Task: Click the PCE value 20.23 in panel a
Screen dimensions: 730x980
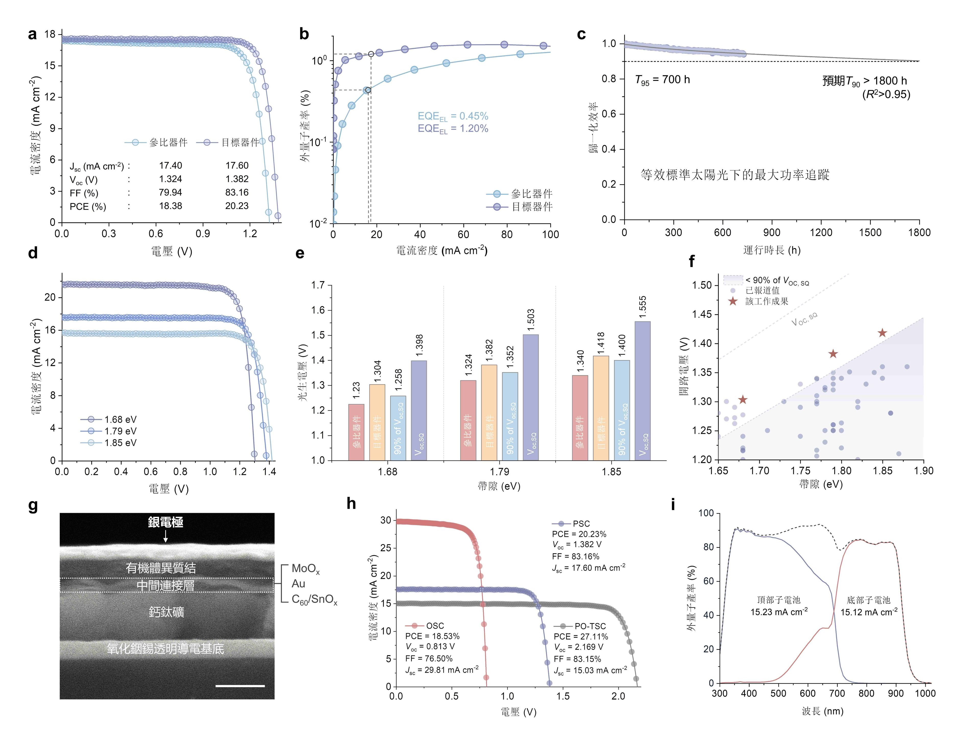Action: pos(237,206)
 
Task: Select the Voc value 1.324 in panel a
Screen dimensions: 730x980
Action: pos(171,179)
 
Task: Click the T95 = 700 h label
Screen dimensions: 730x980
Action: pos(662,80)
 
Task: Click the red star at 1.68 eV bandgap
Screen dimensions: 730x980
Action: pos(743,400)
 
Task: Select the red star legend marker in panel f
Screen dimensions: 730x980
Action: pos(733,301)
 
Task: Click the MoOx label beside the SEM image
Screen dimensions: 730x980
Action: pos(305,569)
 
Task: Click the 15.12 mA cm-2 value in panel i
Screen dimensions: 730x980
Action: pos(869,612)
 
